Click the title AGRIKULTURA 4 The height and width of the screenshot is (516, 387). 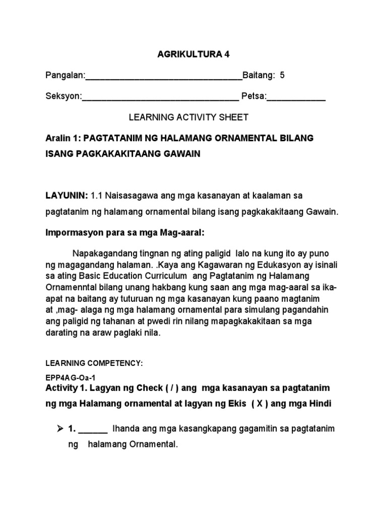[x=194, y=54]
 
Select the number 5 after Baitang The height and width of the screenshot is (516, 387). [x=282, y=76]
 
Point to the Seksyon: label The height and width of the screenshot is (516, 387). [x=63, y=96]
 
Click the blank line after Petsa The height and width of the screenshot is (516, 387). [x=296, y=98]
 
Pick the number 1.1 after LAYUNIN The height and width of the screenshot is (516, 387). [x=98, y=195]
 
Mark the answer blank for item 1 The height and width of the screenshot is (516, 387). [x=93, y=430]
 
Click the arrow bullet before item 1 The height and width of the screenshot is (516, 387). [x=59, y=429]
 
